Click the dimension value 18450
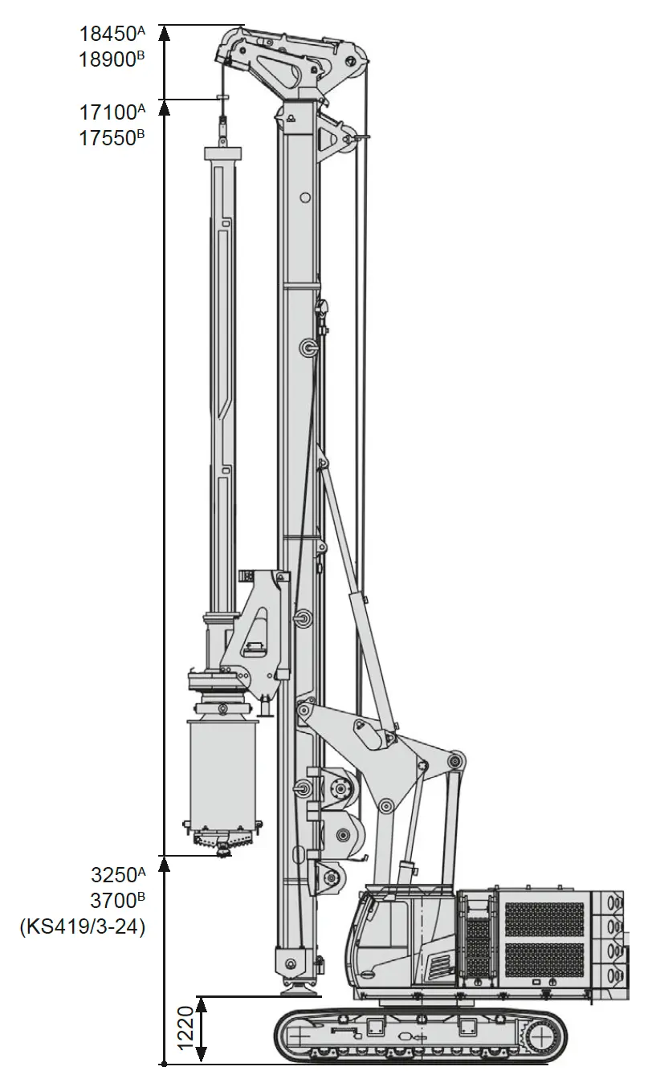tap(106, 34)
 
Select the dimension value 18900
tap(106, 59)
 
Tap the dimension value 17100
tap(106, 112)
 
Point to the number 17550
tap(106, 138)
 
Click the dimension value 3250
tap(113, 875)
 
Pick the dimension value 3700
tap(113, 901)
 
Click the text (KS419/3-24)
tap(83, 927)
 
